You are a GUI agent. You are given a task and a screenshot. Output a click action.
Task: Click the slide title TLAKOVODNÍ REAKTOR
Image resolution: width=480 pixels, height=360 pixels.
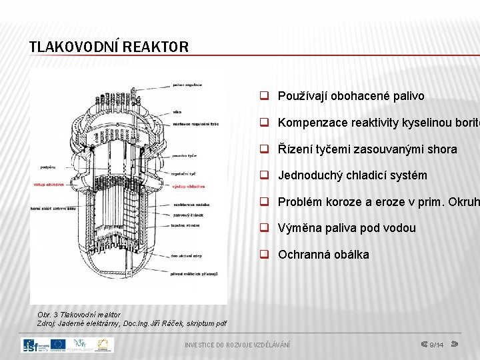tap(109, 47)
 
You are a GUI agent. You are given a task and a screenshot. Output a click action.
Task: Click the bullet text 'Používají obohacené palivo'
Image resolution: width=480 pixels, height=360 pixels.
tap(351, 96)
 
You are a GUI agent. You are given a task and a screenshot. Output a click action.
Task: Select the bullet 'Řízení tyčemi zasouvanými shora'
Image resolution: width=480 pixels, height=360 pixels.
tap(367, 149)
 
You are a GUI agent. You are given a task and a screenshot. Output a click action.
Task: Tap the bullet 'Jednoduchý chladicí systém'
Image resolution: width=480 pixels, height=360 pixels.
tap(353, 175)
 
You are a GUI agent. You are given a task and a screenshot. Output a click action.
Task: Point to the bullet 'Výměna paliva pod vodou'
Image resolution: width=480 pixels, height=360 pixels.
tap(347, 228)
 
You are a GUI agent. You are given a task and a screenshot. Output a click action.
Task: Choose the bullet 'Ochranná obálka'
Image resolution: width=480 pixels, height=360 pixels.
tap(323, 255)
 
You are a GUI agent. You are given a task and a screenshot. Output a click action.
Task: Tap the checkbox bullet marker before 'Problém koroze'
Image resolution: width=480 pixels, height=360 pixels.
tap(265, 202)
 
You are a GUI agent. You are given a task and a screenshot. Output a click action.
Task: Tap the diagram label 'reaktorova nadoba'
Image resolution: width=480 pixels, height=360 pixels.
tap(191, 205)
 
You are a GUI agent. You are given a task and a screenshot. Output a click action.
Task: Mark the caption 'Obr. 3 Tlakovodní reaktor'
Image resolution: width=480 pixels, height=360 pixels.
tap(79, 314)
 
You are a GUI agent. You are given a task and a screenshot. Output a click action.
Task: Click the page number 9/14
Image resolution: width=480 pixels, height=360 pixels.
tap(437, 345)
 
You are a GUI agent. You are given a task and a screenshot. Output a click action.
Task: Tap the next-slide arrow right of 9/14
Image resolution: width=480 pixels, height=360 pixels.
tap(456, 345)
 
